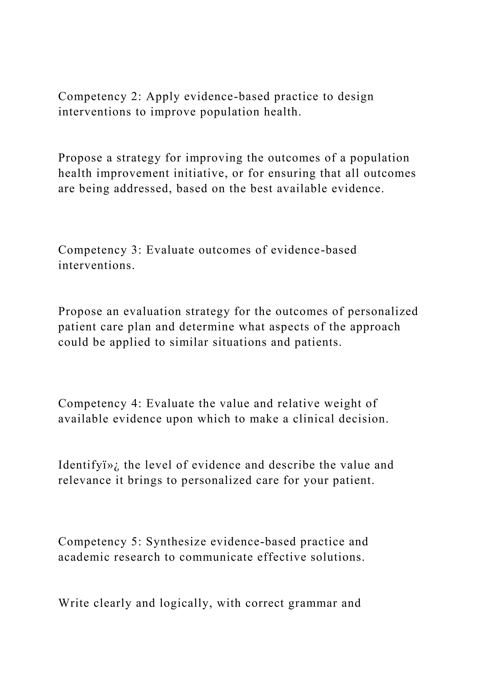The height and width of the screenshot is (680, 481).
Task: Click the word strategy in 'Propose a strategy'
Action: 139,158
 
